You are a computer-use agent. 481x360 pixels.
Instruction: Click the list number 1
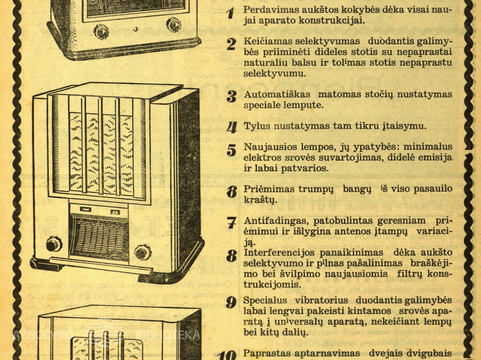point(230,13)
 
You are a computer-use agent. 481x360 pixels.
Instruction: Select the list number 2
point(231,44)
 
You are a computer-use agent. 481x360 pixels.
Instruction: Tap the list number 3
point(231,97)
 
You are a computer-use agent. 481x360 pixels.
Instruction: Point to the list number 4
point(231,127)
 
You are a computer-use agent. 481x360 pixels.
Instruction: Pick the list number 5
point(231,150)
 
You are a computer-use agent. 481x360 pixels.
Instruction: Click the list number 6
point(231,192)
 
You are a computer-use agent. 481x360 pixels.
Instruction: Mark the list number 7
point(231,223)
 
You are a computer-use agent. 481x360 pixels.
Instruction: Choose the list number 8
point(231,256)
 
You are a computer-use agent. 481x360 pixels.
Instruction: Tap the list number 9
point(231,302)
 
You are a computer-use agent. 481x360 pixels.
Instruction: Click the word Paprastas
point(266,352)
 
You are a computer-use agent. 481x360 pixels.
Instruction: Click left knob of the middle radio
point(53,244)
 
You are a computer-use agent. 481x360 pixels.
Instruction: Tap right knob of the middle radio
point(143,252)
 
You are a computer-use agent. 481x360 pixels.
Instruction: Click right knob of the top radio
point(174,25)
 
